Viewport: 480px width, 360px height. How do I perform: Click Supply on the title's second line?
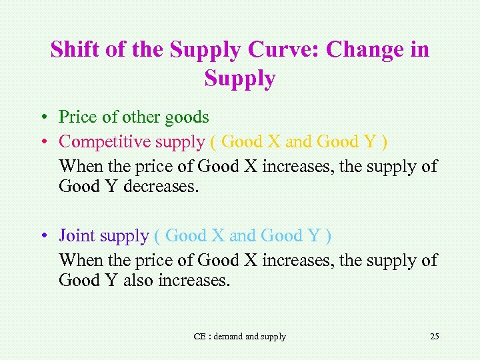pyautogui.click(x=240, y=79)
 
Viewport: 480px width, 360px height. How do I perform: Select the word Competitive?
pyautogui.click(x=105, y=141)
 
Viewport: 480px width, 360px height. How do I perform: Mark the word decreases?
pyautogui.click(x=161, y=187)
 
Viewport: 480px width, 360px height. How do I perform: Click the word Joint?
pyautogui.click(x=77, y=235)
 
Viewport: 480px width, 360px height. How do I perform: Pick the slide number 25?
pyautogui.click(x=435, y=336)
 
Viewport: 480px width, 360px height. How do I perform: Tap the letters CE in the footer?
pyautogui.click(x=199, y=337)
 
